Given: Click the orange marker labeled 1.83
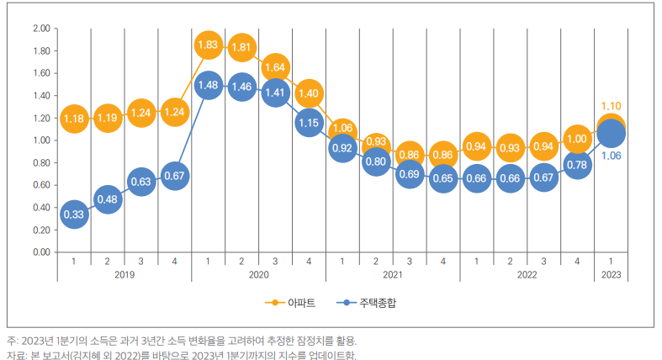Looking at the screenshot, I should pos(208,46).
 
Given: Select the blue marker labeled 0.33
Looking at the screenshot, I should pos(74,214).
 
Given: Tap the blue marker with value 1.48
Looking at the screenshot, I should pos(208,86).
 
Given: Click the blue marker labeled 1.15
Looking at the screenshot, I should pos(309,123).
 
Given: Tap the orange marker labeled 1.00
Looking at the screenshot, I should pos(577,140).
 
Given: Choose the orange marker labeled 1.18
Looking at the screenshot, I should pos(74,119).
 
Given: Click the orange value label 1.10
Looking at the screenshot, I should pos(612,106).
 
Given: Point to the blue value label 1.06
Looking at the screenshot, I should pos(612,156).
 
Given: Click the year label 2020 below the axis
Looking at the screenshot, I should pos(258,274).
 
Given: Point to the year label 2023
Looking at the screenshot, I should pos(612,274).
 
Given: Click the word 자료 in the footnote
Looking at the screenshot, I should pos(16,355).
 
